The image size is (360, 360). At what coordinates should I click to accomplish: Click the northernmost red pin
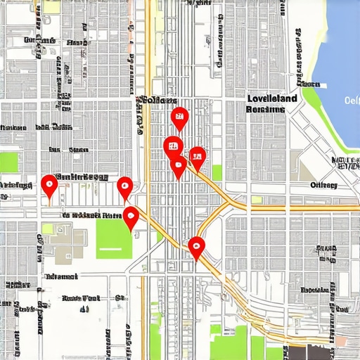179,118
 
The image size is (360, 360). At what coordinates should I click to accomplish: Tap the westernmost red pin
49,185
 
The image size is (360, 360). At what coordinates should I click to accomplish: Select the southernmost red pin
196,246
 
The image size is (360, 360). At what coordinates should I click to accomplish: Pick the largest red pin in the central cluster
173,147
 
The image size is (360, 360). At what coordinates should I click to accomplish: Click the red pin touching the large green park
131,217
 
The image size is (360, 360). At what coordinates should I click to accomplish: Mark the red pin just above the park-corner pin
124,187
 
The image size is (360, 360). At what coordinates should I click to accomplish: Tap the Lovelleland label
271,99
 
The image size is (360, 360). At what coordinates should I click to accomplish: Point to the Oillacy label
323,185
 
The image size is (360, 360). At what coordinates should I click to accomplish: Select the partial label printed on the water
352,100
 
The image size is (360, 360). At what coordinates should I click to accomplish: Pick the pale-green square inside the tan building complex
48,229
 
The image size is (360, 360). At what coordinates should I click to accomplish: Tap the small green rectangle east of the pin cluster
217,172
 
